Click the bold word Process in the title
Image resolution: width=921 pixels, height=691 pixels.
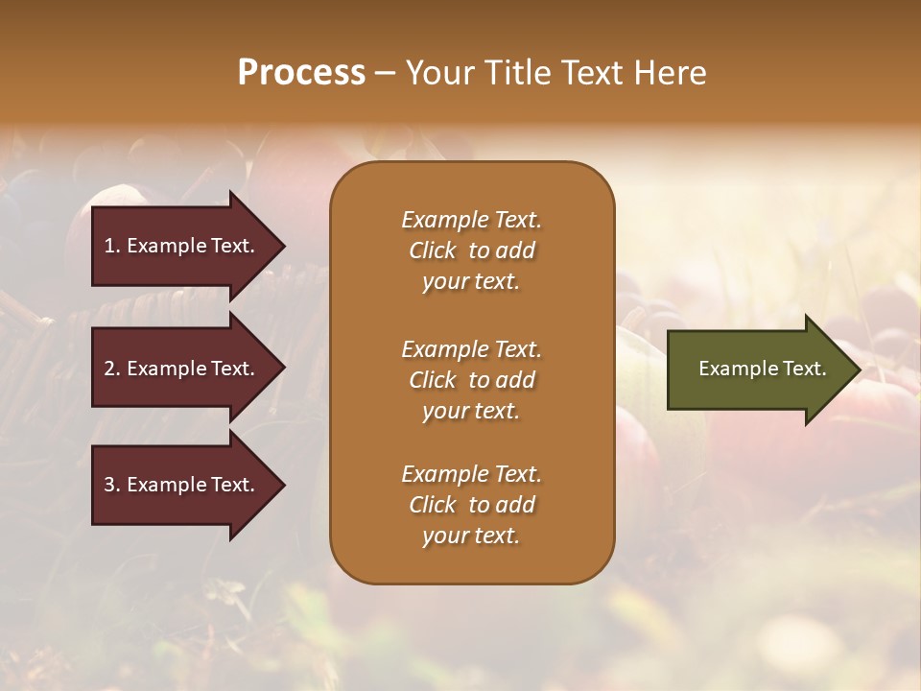point(301,72)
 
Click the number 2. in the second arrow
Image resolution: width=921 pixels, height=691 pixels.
point(111,369)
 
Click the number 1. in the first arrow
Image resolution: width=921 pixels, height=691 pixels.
point(111,246)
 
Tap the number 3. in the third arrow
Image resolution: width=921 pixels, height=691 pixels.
point(111,485)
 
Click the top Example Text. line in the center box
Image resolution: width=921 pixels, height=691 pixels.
point(471,220)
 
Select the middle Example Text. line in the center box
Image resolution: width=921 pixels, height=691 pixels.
point(471,349)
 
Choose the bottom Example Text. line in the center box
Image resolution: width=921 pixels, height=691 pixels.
point(471,474)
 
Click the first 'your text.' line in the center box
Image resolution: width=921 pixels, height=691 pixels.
point(471,282)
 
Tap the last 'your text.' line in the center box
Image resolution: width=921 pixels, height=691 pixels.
point(471,536)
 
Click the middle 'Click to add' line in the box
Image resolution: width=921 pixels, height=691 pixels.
point(471,380)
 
